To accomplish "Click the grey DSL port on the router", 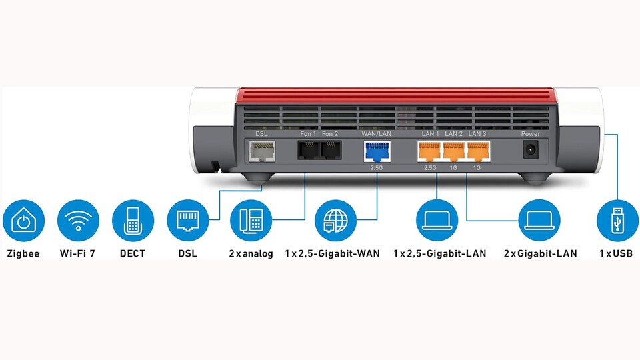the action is click(x=261, y=151).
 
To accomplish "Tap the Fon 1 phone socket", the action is click(x=308, y=150).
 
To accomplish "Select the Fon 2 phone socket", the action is click(x=331, y=150).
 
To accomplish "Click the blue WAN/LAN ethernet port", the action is click(x=377, y=151).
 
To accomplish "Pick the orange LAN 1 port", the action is click(x=429, y=151).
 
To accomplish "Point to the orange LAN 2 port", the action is click(x=454, y=151).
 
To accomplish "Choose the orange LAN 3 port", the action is click(x=478, y=151).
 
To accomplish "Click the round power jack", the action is click(x=531, y=150).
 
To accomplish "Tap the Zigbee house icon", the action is click(x=24, y=221).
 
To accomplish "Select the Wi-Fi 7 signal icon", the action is click(x=78, y=221).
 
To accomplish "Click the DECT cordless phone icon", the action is click(x=133, y=221).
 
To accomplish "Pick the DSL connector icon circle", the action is click(x=188, y=221).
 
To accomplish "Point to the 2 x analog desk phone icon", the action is click(x=251, y=221).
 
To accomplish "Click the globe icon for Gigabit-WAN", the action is click(x=335, y=221).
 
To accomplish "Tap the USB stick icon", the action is click(x=617, y=221).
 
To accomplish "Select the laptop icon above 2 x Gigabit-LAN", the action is click(x=539, y=221).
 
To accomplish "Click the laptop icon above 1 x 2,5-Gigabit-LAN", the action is click(x=437, y=221).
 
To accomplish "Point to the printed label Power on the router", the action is click(x=531, y=133).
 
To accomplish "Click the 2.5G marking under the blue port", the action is click(x=377, y=168).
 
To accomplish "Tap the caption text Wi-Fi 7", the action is click(x=77, y=253).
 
